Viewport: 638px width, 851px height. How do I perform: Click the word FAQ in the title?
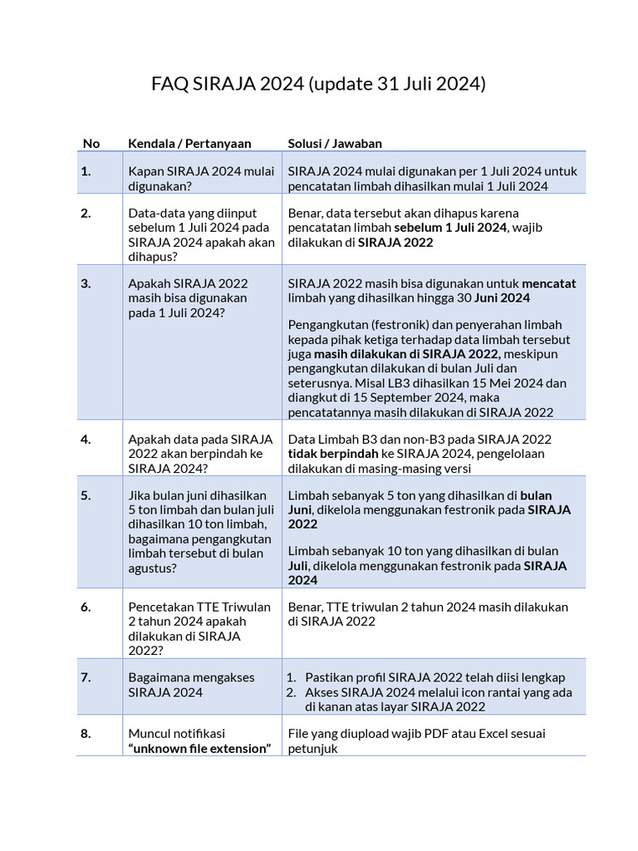[x=170, y=84]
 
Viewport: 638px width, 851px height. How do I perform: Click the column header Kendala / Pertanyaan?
[x=189, y=143]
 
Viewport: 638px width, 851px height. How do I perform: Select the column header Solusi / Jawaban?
[x=335, y=143]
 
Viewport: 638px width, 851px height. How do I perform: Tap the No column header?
[x=91, y=143]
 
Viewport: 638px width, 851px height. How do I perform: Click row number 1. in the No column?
[x=86, y=171]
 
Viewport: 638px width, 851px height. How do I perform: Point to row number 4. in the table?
[x=86, y=439]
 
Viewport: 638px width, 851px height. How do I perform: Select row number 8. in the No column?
[x=86, y=734]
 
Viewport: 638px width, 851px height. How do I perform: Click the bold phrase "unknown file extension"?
[x=200, y=749]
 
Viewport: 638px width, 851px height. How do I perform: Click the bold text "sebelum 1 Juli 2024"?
[x=450, y=228]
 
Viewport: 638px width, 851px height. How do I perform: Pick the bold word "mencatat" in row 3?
[x=548, y=283]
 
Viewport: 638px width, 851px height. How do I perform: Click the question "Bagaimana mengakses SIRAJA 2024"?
[x=191, y=684]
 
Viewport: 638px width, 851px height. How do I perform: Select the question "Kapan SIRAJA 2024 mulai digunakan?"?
[x=200, y=179]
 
